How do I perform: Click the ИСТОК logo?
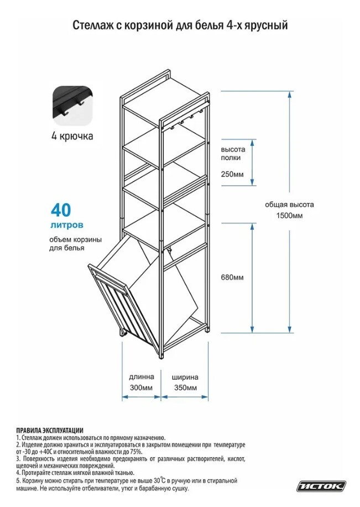point(321,486)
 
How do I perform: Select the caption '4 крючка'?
point(72,136)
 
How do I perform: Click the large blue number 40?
point(60,211)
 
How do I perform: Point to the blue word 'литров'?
point(67,224)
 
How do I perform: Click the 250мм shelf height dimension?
point(232,174)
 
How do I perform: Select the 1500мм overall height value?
point(289,216)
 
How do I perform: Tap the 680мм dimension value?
point(232,278)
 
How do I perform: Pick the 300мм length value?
point(141,388)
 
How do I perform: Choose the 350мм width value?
point(185,388)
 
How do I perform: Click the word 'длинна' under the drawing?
point(142,377)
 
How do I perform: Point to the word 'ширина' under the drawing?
point(185,377)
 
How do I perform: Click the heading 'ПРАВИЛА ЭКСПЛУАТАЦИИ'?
point(50,430)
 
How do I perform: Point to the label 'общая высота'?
point(289,205)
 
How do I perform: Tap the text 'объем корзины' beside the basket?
point(75,240)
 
